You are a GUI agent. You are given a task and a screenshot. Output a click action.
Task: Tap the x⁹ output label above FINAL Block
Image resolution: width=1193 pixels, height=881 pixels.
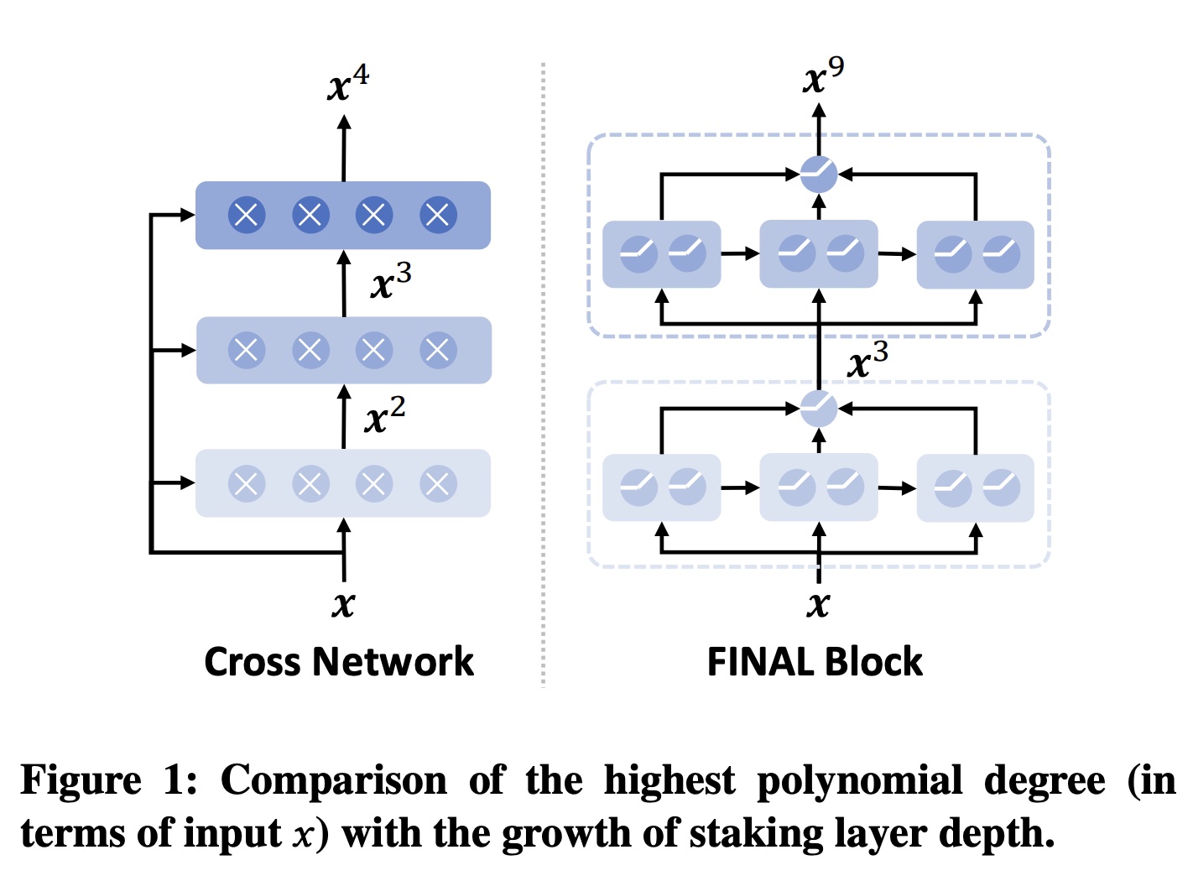(x=823, y=76)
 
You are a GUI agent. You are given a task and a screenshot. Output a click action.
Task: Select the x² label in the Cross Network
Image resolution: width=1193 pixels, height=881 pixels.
(x=385, y=414)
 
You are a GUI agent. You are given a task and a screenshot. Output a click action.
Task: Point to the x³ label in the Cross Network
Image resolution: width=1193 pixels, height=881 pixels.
(x=391, y=281)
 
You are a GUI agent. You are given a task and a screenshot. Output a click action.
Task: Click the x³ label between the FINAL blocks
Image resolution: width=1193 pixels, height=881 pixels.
(x=867, y=361)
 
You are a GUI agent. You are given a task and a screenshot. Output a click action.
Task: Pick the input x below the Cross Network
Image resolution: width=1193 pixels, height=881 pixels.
(x=343, y=603)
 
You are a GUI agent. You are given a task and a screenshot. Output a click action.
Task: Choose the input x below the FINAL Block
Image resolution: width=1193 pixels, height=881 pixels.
(x=818, y=603)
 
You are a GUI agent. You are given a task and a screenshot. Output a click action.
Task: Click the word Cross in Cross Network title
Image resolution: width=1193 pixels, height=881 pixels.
(x=254, y=662)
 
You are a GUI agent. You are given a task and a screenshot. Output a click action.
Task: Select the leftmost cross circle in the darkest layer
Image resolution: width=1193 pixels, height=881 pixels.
(x=247, y=216)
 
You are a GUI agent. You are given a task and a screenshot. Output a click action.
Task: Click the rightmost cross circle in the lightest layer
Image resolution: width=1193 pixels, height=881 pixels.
(x=438, y=483)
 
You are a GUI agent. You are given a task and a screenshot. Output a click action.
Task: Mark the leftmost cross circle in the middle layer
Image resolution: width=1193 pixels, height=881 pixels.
(x=247, y=350)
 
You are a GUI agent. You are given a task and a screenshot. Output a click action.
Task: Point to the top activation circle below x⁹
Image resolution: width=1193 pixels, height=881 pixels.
(x=819, y=175)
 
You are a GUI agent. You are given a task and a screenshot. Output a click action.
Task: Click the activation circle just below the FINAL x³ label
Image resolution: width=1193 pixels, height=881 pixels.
(x=819, y=409)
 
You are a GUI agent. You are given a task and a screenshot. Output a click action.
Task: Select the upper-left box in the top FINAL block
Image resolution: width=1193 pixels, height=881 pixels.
(x=662, y=254)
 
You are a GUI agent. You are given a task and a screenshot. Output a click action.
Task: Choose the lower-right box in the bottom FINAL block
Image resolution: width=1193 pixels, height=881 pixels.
(x=975, y=487)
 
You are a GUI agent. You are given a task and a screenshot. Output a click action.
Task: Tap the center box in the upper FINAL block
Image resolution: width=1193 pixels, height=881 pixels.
(x=819, y=254)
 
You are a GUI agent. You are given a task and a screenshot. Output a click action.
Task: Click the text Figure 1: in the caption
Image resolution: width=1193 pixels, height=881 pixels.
(x=109, y=780)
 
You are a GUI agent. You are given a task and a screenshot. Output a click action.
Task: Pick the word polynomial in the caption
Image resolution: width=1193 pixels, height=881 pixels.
(x=860, y=780)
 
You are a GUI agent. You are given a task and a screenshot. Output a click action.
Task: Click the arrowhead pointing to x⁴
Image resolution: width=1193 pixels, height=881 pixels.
(x=343, y=122)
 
